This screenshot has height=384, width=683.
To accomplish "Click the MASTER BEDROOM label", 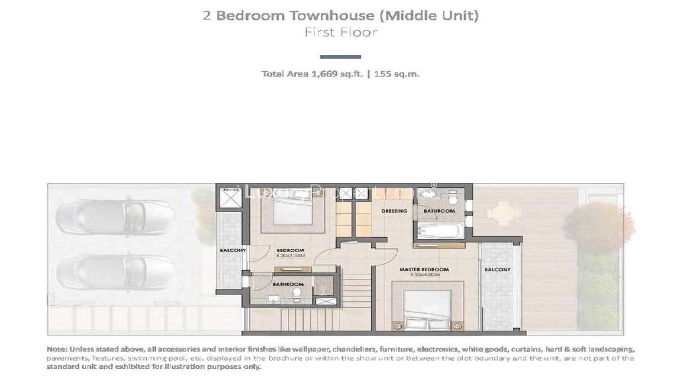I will pyautogui.click(x=424, y=270).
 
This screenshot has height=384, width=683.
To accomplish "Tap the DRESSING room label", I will pyautogui.click(x=394, y=211).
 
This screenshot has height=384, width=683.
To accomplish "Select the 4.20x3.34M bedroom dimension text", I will pyautogui.click(x=291, y=255).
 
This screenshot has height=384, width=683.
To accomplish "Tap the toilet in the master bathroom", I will pyautogui.click(x=452, y=198).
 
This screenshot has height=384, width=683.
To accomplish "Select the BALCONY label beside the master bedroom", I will pyautogui.click(x=497, y=270).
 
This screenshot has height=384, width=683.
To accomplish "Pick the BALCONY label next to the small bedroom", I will pyautogui.click(x=233, y=250).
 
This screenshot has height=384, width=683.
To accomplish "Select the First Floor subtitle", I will pyautogui.click(x=341, y=32).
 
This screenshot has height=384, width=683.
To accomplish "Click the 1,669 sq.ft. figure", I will pyautogui.click(x=337, y=74).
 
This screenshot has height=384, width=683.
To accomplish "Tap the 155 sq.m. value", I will pyautogui.click(x=396, y=74).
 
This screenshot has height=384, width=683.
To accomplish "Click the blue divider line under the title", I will pyautogui.click(x=340, y=57).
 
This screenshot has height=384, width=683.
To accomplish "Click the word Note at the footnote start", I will pyautogui.click(x=57, y=349).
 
